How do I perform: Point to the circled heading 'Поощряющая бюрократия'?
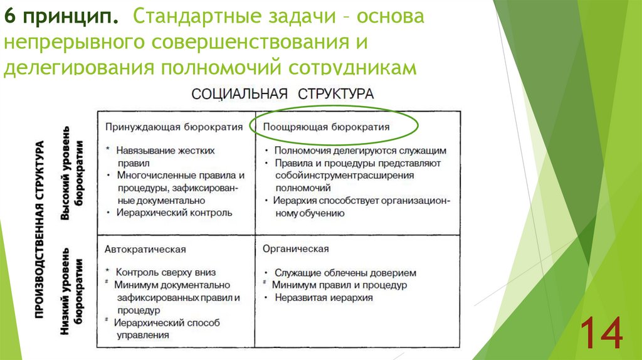point(326,127)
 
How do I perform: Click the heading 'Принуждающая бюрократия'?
point(174,127)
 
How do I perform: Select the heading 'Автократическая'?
point(145,249)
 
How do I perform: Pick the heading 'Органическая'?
point(296,249)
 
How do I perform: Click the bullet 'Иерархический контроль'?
point(174,213)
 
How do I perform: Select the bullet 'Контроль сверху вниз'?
point(166,272)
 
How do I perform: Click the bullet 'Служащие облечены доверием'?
point(345,273)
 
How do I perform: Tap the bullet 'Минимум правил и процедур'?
point(339,285)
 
